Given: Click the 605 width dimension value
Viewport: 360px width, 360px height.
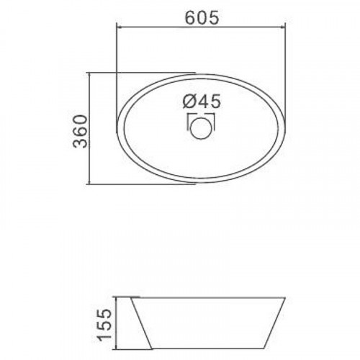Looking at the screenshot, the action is coord(202,18).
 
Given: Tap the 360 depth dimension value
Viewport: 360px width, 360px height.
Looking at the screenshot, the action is coord(80,131).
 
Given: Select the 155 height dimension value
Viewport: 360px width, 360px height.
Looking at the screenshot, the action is coord(104,325).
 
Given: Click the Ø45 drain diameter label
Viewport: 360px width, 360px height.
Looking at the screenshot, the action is coord(201,102).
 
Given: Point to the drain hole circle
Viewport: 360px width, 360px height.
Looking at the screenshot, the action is coord(201,127).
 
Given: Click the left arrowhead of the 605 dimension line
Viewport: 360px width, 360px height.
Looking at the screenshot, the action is coord(118,27).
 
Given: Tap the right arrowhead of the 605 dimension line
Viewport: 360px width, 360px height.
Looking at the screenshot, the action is coord(283,27).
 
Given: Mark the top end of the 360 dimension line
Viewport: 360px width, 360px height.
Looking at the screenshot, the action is coord(89,73).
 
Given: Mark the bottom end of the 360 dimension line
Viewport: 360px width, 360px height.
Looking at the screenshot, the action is coord(89,184).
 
